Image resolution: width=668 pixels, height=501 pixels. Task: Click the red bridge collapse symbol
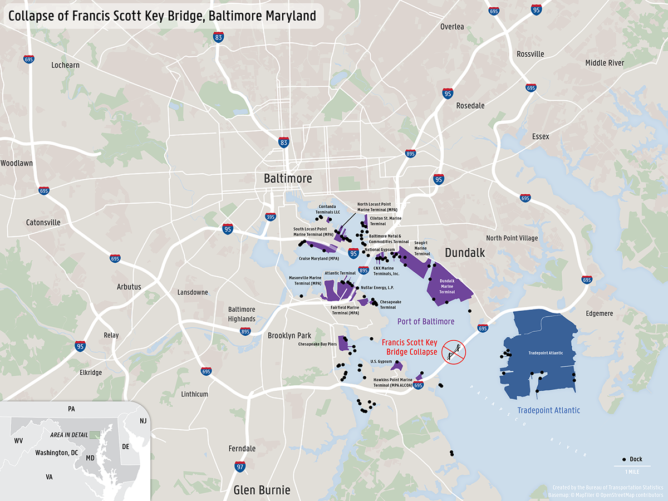[453, 352]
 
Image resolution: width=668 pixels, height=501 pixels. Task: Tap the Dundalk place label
[465, 253]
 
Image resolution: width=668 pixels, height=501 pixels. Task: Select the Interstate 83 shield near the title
[219, 37]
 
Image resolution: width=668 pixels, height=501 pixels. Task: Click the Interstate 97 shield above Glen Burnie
[240, 466]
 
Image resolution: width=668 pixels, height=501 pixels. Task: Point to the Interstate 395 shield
[271, 217]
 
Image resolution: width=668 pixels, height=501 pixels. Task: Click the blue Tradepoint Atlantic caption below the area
[548, 410]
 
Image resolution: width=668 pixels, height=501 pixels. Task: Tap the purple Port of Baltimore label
[425, 322]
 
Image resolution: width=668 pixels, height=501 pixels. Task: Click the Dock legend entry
[632, 459]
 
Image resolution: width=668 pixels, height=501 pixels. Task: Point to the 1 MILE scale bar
[632, 466]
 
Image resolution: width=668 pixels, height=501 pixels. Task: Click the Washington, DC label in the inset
[56, 453]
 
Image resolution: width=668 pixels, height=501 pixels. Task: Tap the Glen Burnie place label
[262, 490]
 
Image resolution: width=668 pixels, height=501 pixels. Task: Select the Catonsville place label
[43, 223]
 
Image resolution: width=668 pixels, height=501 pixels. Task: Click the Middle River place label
[604, 63]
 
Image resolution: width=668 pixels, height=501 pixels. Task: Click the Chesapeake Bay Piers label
[317, 344]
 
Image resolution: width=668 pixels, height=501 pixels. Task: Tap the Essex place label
[540, 136]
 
